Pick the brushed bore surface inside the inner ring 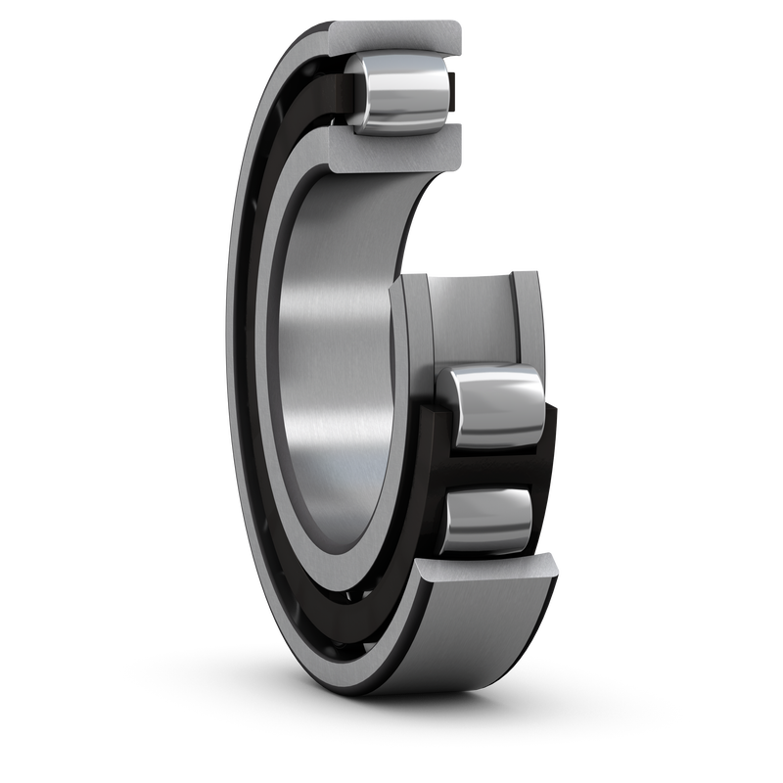click(x=333, y=372)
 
